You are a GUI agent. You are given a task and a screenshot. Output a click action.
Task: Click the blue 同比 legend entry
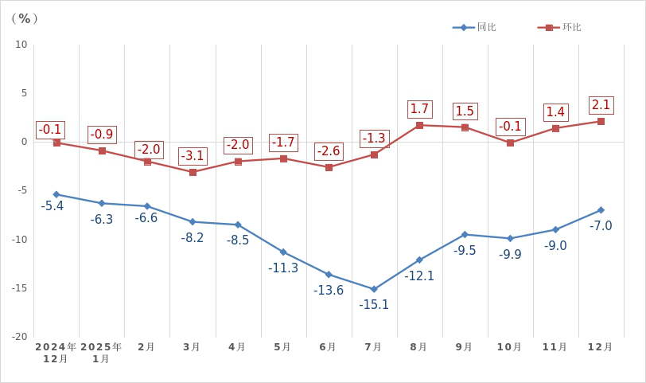point(475,27)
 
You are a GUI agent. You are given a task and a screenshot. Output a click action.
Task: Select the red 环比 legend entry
point(560,27)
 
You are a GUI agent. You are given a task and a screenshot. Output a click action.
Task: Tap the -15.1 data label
point(374,304)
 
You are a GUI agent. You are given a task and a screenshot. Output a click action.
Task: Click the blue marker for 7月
point(374,289)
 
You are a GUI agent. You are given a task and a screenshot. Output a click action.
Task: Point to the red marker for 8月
point(419,125)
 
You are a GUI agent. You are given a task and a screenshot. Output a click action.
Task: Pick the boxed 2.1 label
point(601,105)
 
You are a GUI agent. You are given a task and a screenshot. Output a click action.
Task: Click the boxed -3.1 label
point(193,156)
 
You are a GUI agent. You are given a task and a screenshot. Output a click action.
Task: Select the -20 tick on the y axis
point(20,337)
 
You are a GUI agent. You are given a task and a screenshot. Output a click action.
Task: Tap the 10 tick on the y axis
point(21,45)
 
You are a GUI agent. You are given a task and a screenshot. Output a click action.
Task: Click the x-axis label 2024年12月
point(56,353)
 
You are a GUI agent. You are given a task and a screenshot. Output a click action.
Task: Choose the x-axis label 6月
point(328,347)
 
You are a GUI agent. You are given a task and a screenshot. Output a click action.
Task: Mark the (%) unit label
point(25,18)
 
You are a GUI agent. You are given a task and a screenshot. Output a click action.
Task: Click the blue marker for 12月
point(601,210)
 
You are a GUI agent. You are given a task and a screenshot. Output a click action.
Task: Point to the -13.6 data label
point(329,290)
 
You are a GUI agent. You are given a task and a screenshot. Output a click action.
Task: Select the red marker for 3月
point(193,172)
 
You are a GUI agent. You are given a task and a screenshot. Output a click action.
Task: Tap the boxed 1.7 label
point(419,109)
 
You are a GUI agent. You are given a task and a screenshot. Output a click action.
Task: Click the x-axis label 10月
point(509,347)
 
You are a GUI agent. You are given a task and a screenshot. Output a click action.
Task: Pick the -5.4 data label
point(53,206)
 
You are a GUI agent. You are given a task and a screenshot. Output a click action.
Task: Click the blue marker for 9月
point(465,234)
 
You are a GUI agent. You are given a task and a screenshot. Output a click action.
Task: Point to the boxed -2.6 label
point(329,151)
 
